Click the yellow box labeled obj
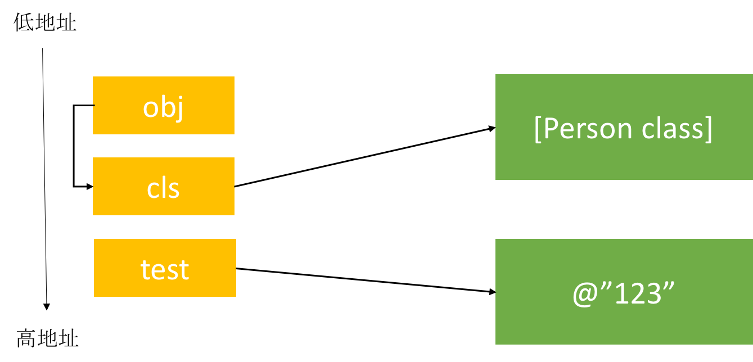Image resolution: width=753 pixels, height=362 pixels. point(163,105)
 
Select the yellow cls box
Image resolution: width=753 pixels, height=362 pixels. point(163,186)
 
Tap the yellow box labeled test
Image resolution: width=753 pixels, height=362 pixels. point(165,268)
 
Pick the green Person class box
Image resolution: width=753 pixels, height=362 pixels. point(624,127)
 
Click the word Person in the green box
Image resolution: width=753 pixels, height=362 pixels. point(580,129)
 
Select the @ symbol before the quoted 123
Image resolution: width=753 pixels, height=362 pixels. point(584,295)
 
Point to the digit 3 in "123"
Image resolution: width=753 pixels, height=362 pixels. point(652,293)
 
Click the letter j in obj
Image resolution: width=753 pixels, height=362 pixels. point(179,108)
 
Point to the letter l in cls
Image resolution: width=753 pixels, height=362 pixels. point(163,187)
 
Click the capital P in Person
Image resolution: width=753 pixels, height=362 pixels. point(550,129)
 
